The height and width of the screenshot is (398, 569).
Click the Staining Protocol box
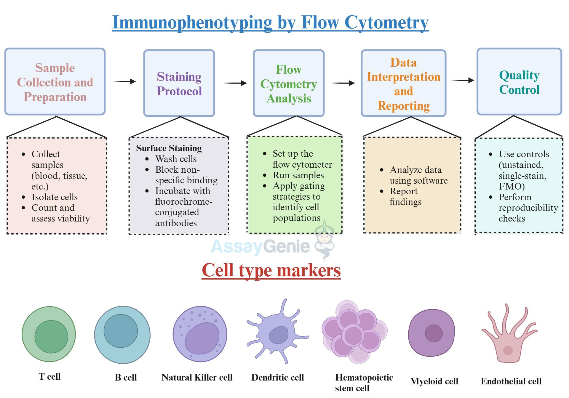coord(179,83)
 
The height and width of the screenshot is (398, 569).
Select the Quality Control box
coord(519,82)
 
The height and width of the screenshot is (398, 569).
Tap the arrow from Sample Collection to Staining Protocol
coord(124,81)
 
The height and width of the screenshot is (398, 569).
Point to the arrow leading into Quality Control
coord(463,80)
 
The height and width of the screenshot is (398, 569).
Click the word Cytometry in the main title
coord(386,22)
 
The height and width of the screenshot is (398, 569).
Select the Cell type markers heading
coord(271,270)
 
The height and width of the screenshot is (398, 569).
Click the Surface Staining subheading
coord(169,148)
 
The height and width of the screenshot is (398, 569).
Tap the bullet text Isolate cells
coord(55,197)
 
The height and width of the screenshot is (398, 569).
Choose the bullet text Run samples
coord(298,175)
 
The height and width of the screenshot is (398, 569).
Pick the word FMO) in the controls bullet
coord(512,187)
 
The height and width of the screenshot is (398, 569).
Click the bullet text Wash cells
coord(176,159)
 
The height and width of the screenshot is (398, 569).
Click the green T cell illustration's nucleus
coord(51,336)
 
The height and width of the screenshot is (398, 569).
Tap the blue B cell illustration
coord(122,335)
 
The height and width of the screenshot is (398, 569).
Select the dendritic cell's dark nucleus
coord(278,335)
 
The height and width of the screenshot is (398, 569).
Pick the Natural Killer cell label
coord(197,378)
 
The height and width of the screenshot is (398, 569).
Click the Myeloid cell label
coord(434,381)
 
